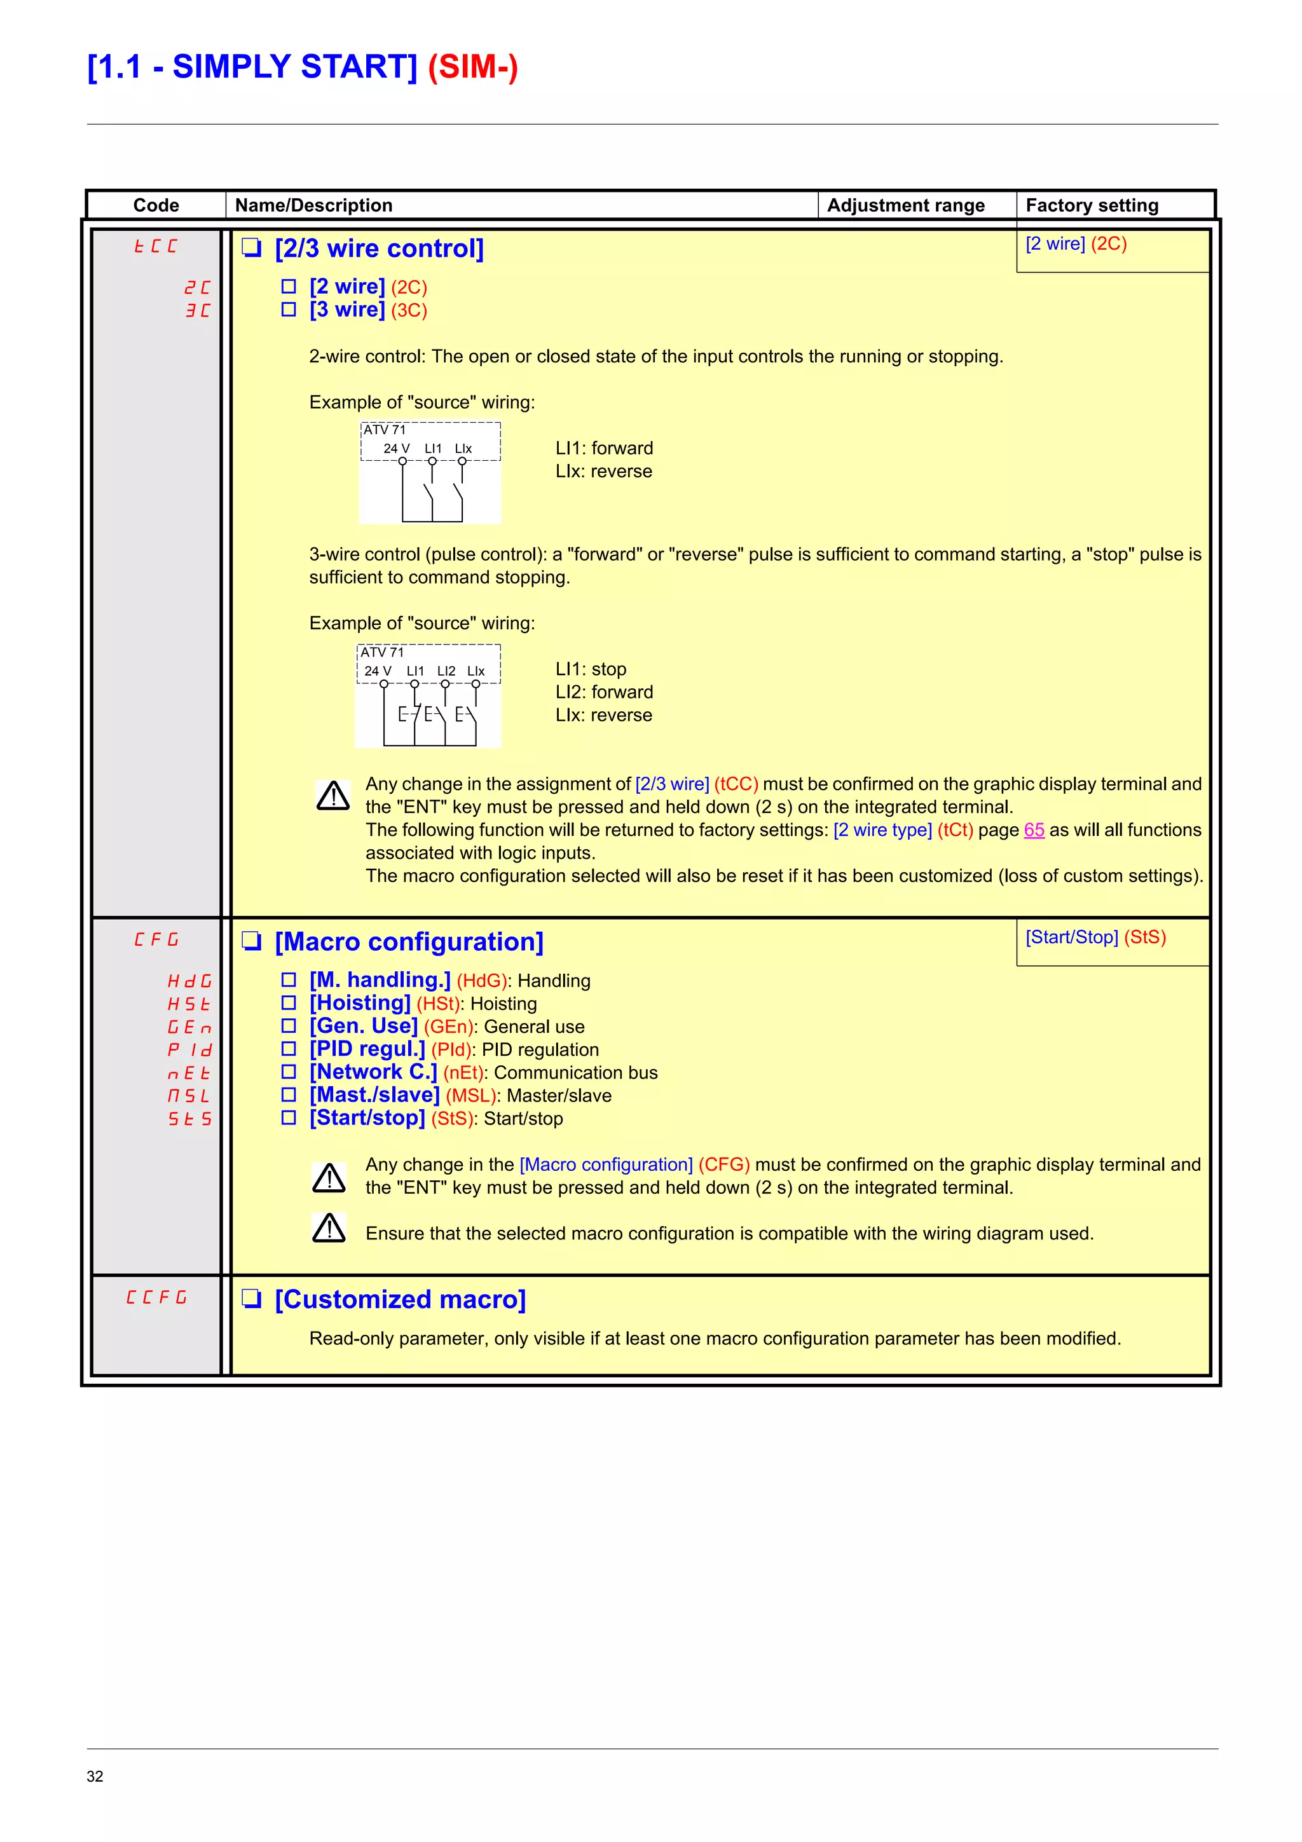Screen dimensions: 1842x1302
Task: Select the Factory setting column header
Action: point(1091,205)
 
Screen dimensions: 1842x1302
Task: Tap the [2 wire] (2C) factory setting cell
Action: point(1076,244)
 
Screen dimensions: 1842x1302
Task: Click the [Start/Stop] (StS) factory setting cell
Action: point(1095,937)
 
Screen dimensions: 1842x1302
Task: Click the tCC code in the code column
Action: point(156,246)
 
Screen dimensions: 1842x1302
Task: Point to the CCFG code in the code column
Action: point(156,1297)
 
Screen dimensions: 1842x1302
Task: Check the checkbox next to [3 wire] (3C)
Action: point(289,310)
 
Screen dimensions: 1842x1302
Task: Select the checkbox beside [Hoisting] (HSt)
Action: point(289,1003)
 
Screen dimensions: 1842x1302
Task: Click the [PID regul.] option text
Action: point(367,1049)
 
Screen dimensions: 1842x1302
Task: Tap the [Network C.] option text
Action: point(373,1072)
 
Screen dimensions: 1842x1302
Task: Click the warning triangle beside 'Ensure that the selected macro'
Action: point(329,1228)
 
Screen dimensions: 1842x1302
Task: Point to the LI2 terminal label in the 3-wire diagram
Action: point(446,671)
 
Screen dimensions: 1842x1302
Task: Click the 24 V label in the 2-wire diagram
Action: point(396,449)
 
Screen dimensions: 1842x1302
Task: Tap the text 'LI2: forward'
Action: point(604,692)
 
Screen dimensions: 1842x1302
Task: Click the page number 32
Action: point(95,1776)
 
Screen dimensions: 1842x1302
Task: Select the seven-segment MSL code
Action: point(189,1095)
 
